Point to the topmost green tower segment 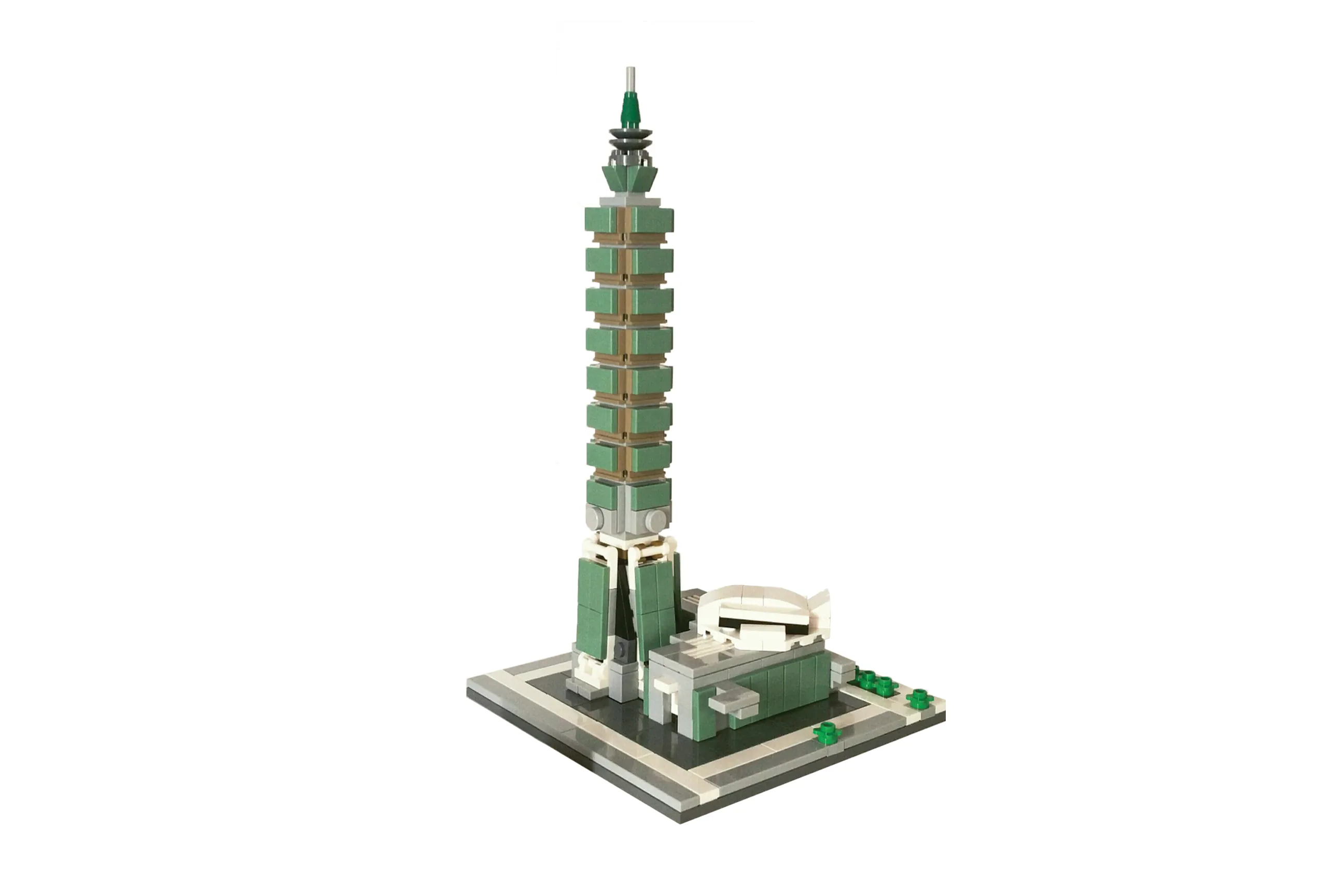coord(628,220)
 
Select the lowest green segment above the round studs coord(628,495)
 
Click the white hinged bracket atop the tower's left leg coord(594,551)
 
